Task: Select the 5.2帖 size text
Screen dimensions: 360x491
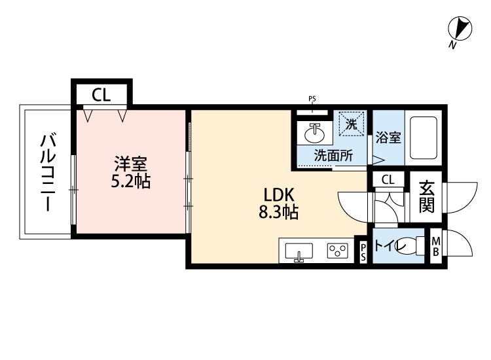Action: coord(130,181)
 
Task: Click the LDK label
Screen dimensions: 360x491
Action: coord(281,194)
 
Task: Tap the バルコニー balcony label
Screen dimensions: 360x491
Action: coord(47,172)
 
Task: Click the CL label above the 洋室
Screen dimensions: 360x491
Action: coord(101,96)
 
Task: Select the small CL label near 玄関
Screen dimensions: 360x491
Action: coord(388,180)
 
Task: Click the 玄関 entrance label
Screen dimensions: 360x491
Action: coord(426,196)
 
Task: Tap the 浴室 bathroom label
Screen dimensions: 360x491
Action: coord(388,139)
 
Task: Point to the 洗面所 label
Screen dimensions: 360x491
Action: coord(333,156)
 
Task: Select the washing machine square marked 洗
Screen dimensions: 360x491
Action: coord(351,124)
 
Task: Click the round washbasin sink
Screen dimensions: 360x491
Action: coord(315,133)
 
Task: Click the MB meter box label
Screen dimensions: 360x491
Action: coord(436,248)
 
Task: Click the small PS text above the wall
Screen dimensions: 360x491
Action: coord(312,99)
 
